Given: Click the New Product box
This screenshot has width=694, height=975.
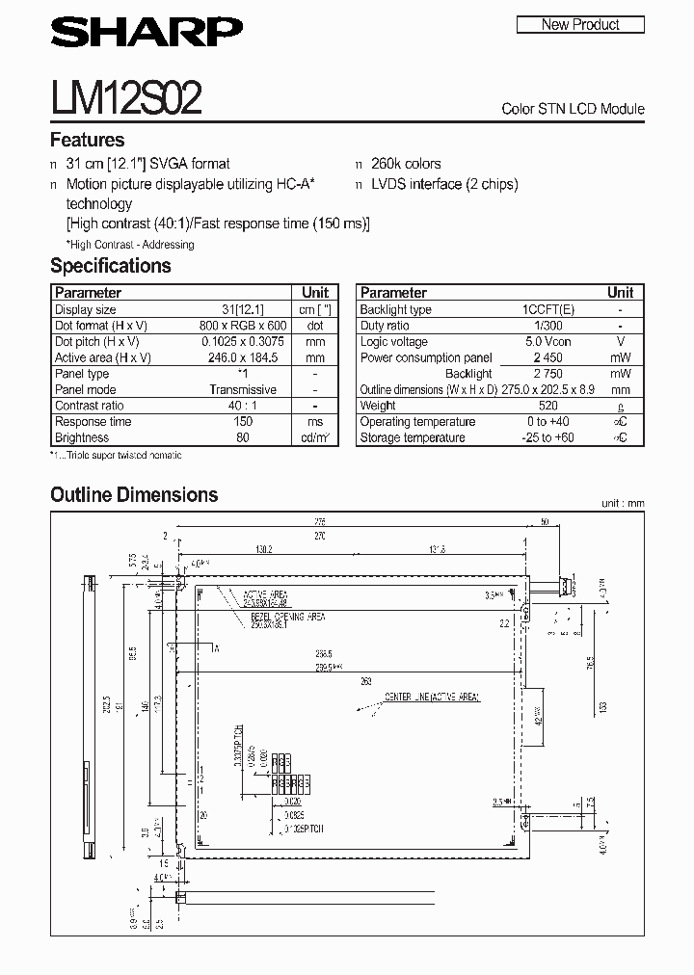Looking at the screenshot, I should click(x=580, y=24).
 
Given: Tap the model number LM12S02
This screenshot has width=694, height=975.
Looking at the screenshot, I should click(x=125, y=98).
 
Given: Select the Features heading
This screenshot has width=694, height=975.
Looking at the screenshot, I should click(x=87, y=140).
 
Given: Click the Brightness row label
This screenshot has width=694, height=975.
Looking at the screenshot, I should click(x=82, y=437).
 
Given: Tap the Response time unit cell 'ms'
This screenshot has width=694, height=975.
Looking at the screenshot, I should click(x=315, y=422).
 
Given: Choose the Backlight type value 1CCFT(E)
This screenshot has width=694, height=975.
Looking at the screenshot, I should click(x=548, y=309).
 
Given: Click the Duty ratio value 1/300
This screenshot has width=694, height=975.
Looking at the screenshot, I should click(x=548, y=326).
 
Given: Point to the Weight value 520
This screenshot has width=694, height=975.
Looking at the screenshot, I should click(x=548, y=406).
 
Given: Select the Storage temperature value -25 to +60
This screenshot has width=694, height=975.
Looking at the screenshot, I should click(x=548, y=437).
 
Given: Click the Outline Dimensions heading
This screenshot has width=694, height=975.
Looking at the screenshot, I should click(x=134, y=495).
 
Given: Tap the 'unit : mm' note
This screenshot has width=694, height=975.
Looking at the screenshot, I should click(x=621, y=503).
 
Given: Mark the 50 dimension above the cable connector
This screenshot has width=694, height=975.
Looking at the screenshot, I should click(x=545, y=521).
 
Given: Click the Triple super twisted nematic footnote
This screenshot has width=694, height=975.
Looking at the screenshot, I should click(x=118, y=455).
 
